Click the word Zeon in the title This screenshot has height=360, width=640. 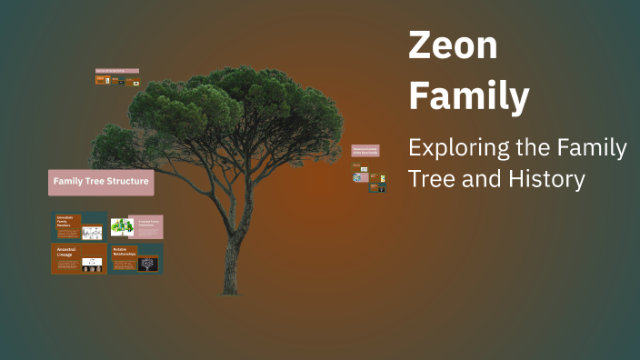pos(453,46)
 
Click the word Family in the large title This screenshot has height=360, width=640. pos(468,95)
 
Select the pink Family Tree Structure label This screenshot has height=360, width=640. pos(100,182)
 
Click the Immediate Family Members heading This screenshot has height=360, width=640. pos(69,222)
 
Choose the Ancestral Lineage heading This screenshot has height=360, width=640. pos(67,251)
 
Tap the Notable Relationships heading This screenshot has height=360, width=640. pos(125,251)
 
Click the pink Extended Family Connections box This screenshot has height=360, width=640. pos(147,225)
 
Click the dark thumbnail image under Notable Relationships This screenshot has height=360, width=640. pos(147,264)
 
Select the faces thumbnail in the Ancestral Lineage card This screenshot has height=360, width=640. pos(91,265)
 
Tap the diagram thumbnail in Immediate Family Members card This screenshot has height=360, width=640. pos(93,232)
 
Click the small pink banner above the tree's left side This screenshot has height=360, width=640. pos(116,71)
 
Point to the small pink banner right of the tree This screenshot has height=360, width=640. pos(365,151)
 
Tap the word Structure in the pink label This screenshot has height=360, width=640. pos(128,182)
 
